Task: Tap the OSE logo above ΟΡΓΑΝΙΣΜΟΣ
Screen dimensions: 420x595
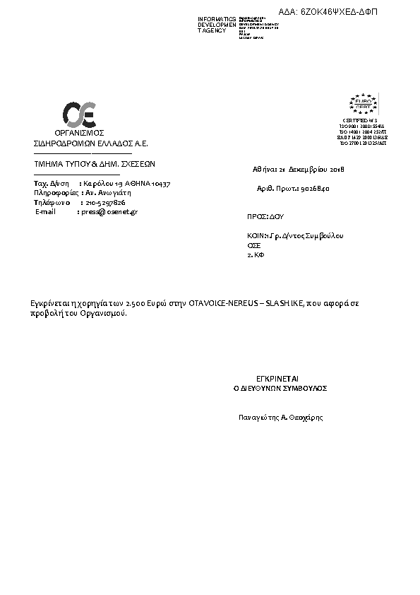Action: coord(79,115)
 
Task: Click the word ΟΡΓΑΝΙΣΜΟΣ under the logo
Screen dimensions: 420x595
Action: coord(79,133)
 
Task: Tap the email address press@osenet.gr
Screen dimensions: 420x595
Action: coord(109,211)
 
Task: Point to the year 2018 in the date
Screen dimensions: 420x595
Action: coord(335,170)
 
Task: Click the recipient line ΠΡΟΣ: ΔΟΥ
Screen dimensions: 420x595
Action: coord(265,217)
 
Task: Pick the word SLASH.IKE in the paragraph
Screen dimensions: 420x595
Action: coord(284,302)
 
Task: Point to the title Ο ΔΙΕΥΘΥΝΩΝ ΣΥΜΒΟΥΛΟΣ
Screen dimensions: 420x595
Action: coord(280,389)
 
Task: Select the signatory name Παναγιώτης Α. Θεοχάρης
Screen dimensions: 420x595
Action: coord(281,418)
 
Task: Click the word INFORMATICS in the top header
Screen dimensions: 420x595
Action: coord(217,18)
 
